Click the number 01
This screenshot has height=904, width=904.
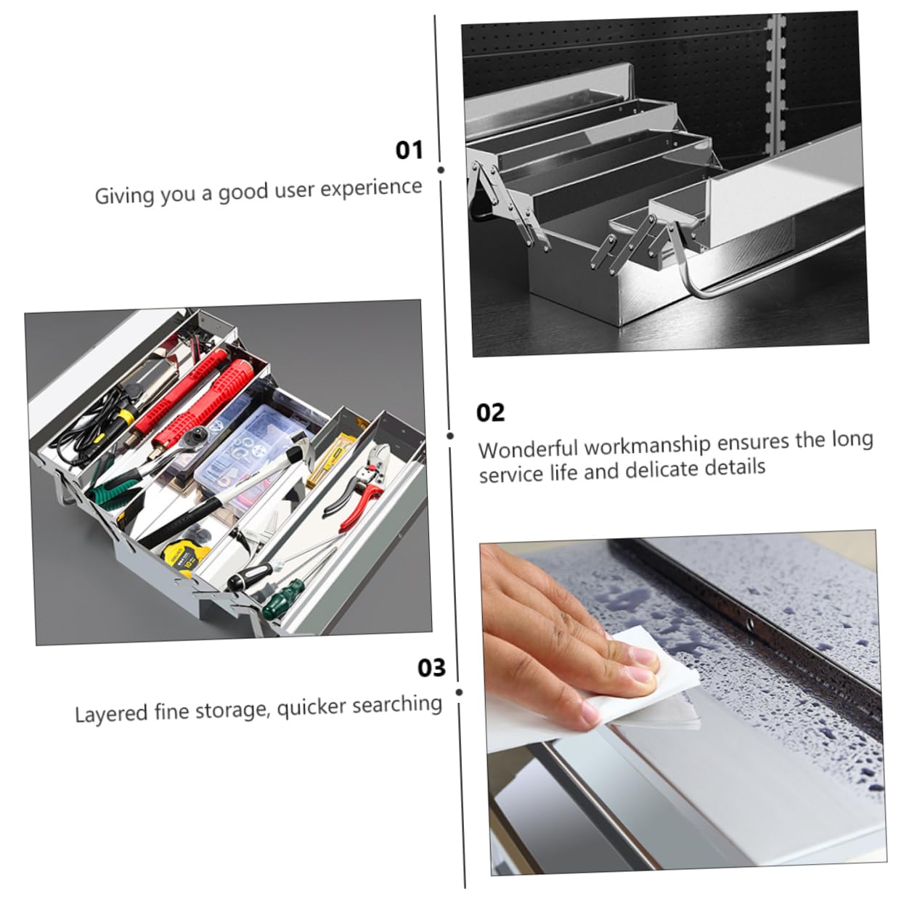409,150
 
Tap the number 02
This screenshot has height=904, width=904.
490,413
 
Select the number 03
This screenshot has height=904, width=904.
431,668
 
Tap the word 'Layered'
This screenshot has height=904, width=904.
111,714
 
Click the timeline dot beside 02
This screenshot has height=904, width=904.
450,436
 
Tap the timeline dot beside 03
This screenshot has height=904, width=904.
460,692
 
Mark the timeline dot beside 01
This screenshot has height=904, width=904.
441,170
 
